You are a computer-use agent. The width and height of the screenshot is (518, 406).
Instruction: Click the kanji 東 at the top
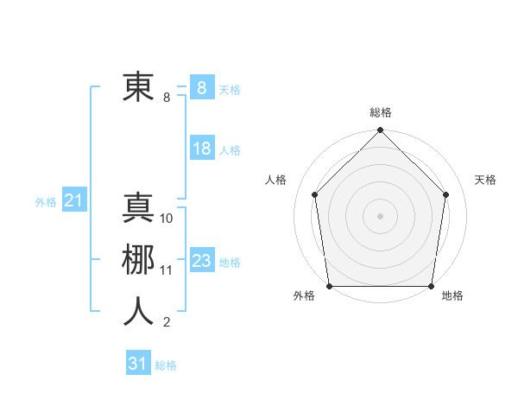pyautogui.click(x=138, y=86)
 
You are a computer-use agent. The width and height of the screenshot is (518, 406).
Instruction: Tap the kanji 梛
pyautogui.click(x=138, y=260)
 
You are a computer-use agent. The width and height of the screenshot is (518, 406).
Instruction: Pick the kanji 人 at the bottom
pyautogui.click(x=138, y=312)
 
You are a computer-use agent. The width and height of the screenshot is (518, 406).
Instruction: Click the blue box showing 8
pyautogui.click(x=202, y=88)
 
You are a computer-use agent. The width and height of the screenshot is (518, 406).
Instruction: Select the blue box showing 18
pyautogui.click(x=202, y=149)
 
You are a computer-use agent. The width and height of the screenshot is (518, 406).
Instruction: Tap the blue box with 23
pyautogui.click(x=202, y=261)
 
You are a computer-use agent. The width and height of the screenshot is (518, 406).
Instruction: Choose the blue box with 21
pyautogui.click(x=73, y=201)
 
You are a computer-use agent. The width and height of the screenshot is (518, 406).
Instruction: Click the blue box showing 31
pyautogui.click(x=137, y=364)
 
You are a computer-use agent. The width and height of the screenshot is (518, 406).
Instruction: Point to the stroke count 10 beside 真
pyautogui.click(x=167, y=219)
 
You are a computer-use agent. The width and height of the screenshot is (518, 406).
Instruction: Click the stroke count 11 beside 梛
pyautogui.click(x=167, y=270)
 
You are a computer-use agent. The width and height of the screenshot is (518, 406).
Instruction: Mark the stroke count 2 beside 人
pyautogui.click(x=167, y=322)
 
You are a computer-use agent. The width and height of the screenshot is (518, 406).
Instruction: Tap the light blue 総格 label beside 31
pyautogui.click(x=166, y=365)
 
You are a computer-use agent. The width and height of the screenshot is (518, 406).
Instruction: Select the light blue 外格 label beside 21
pyautogui.click(x=46, y=202)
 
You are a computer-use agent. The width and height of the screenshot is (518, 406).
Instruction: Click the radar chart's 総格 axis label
pyautogui.click(x=380, y=112)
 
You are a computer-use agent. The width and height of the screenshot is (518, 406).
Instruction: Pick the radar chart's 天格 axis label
pyautogui.click(x=485, y=180)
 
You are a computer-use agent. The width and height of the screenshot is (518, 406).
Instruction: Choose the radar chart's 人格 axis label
pyautogui.click(x=275, y=180)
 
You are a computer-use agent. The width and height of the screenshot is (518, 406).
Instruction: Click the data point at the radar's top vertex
pyautogui.click(x=380, y=131)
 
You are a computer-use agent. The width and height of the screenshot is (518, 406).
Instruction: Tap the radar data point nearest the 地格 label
pyautogui.click(x=431, y=285)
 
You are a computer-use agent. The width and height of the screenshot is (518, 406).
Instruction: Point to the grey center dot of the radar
pyautogui.click(x=380, y=215)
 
